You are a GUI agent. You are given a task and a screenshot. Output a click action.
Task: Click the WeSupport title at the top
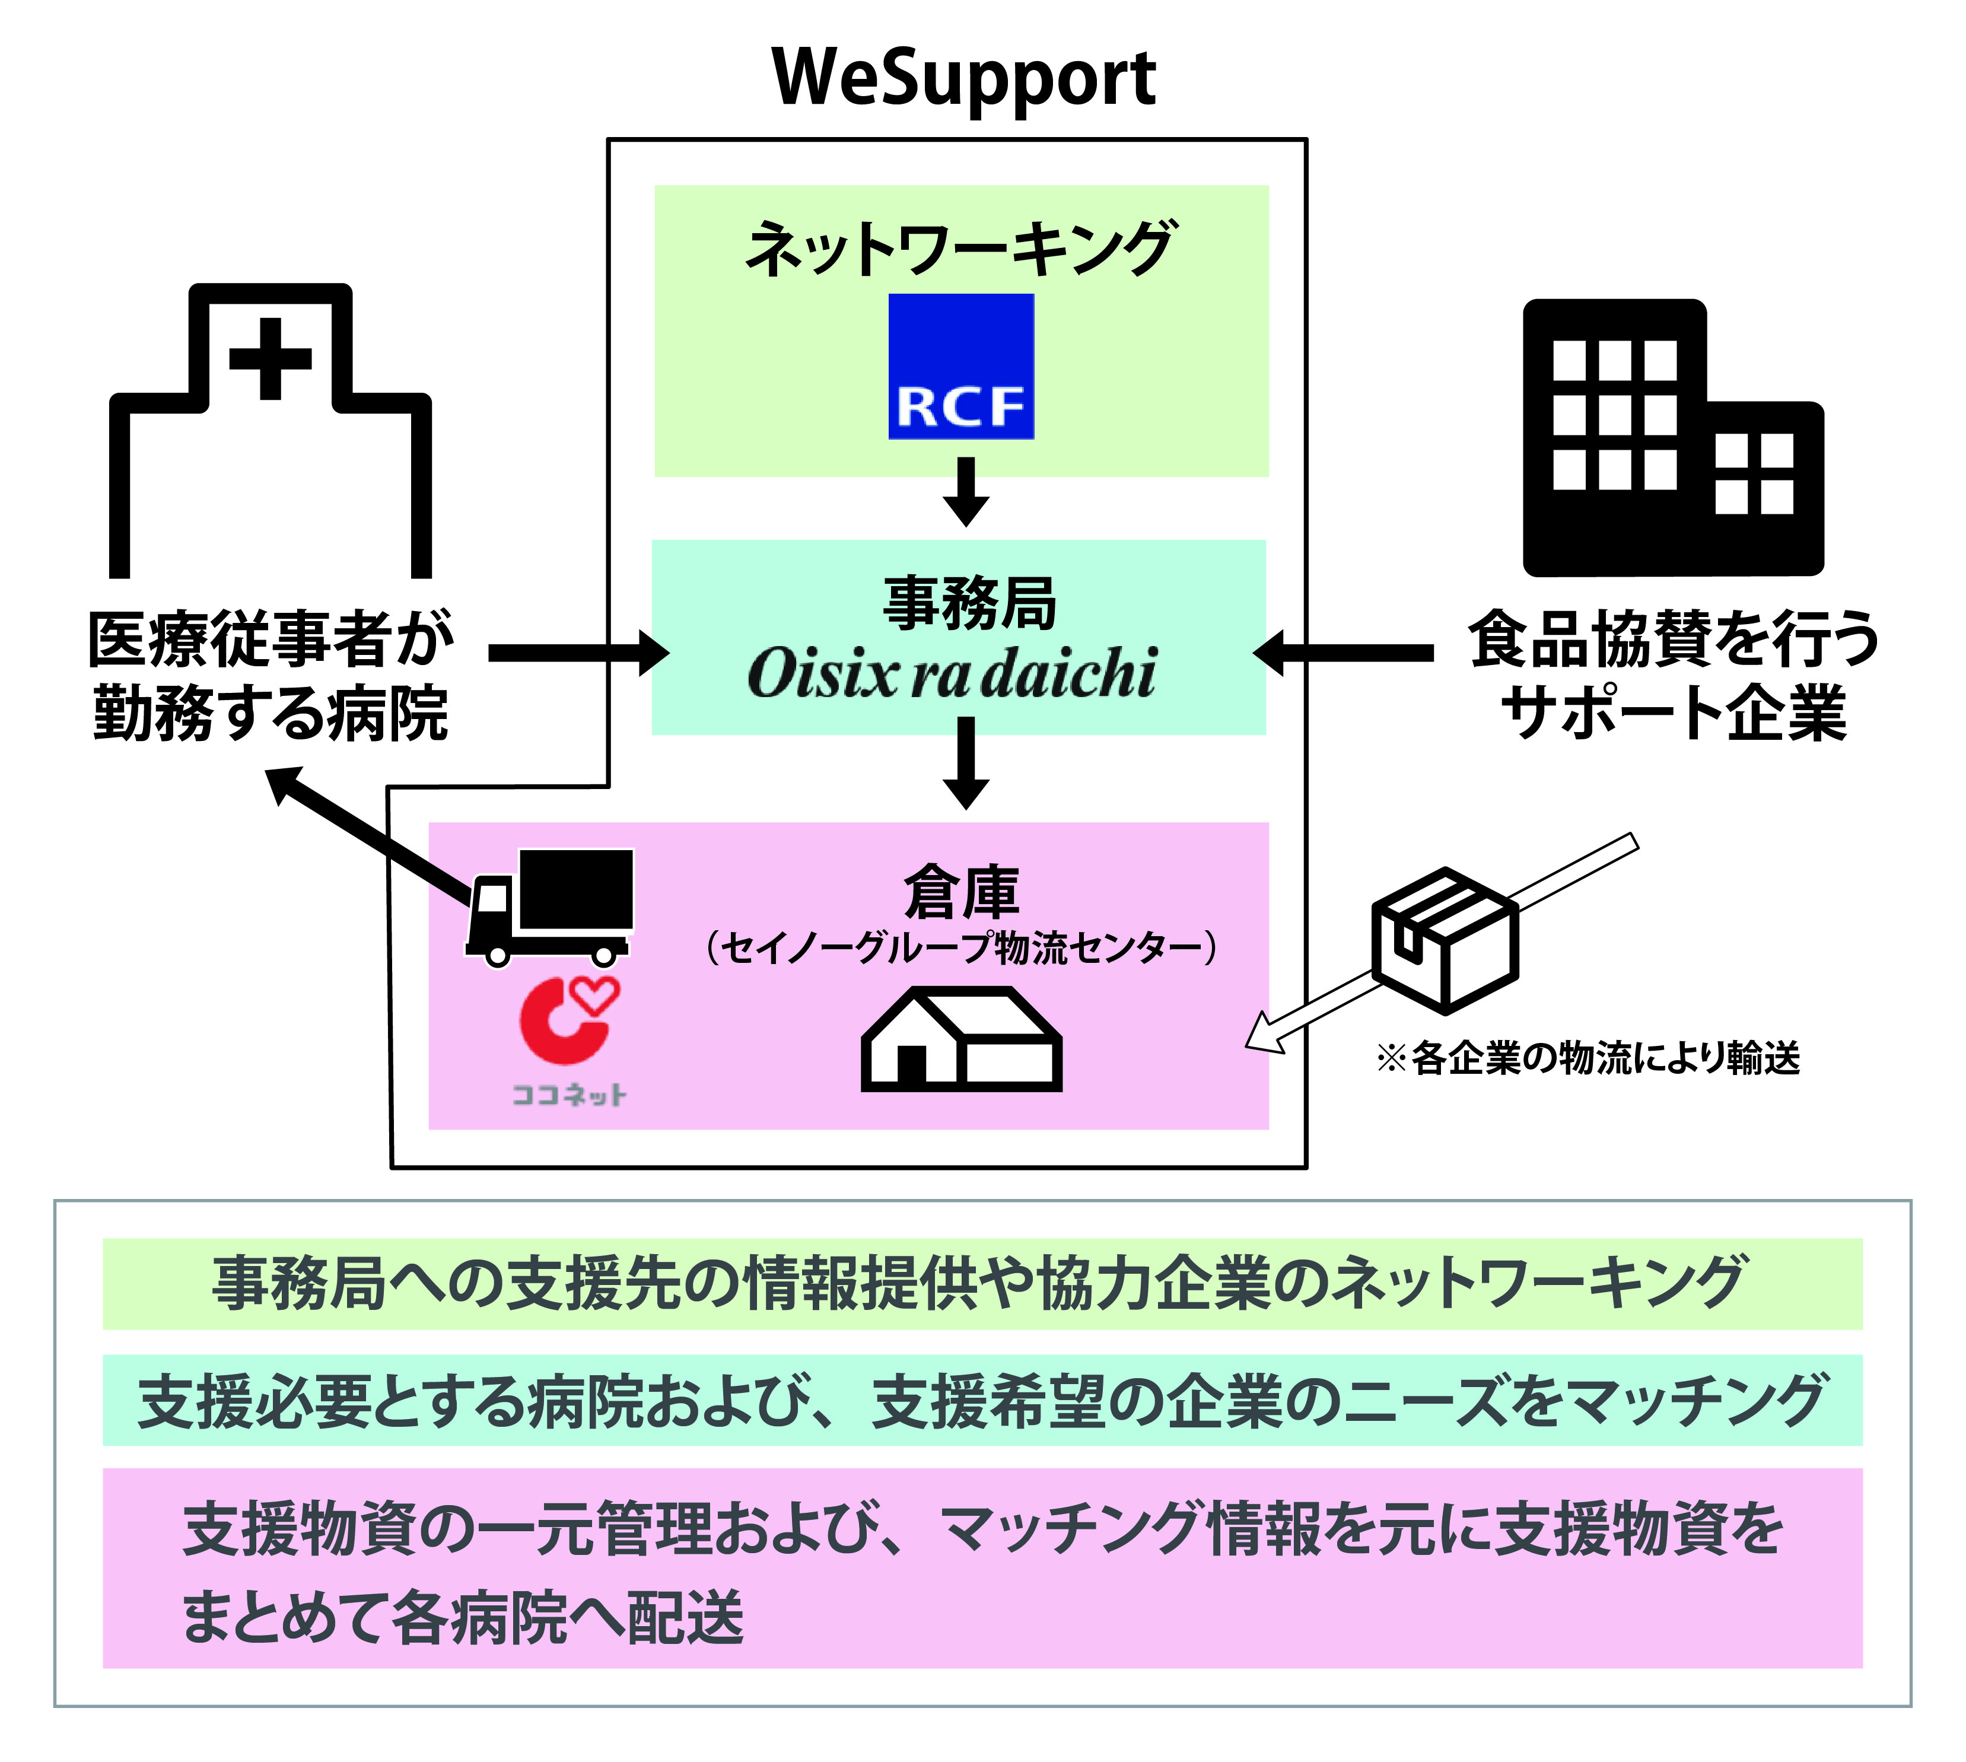pos(963,78)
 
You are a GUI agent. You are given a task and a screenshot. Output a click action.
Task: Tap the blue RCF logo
pos(961,366)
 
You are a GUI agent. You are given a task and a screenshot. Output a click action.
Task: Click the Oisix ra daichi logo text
pos(953,673)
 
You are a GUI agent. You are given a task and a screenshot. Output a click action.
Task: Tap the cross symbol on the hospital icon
pos(270,358)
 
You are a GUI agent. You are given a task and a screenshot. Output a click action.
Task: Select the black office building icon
pos(1672,438)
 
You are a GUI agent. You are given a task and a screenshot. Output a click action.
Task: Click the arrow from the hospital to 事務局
pos(578,654)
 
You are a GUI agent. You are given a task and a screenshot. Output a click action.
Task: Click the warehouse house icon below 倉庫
pos(961,1040)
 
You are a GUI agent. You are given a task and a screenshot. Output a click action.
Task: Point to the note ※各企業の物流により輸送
pos(1588,1057)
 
